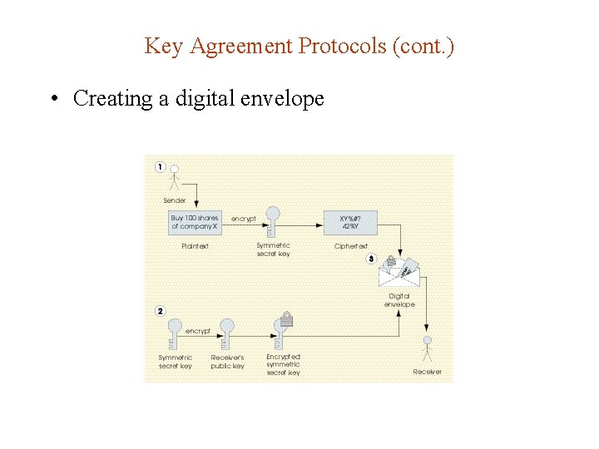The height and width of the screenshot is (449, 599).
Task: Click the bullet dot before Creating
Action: [53, 99]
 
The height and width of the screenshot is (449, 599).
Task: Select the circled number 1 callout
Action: [161, 167]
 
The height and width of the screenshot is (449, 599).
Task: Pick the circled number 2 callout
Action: [161, 311]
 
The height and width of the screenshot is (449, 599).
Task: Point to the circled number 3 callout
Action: [371, 259]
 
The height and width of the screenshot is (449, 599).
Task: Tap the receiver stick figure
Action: [428, 347]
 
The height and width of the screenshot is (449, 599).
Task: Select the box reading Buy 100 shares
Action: [195, 222]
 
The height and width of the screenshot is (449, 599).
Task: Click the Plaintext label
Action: [195, 246]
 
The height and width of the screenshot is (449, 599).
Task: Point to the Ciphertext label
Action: [351, 246]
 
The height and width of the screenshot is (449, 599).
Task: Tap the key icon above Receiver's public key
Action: [225, 333]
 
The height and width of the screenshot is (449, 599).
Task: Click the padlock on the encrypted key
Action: [286, 318]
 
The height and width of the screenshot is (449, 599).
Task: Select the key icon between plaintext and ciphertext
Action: [271, 221]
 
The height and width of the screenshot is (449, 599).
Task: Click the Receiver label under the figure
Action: [428, 372]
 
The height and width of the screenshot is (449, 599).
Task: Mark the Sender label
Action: [175, 200]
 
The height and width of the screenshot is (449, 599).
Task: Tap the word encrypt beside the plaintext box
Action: [243, 219]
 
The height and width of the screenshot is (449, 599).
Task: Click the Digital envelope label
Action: [399, 300]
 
